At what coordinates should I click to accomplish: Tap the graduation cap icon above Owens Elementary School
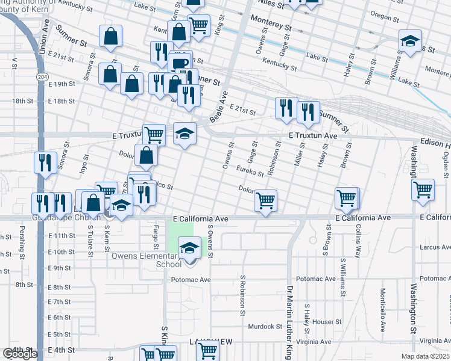coord(189,247)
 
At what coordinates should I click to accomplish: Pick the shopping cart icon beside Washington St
coord(423,189)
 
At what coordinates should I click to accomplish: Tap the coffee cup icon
coord(180,63)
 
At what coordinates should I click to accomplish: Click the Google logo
coord(20,354)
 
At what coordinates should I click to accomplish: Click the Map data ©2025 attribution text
coord(426,356)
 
